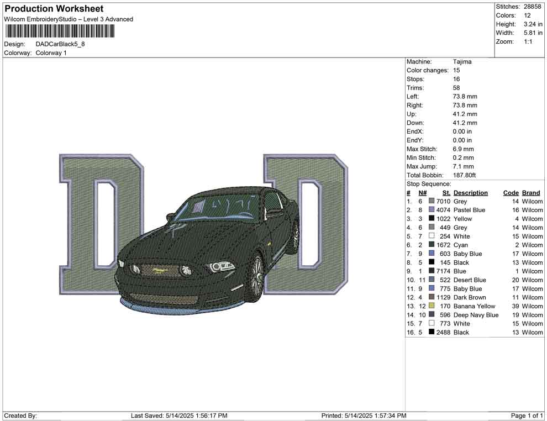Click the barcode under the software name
(x=60, y=31)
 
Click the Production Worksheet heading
(x=54, y=9)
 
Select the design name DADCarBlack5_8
(x=60, y=44)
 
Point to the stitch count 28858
(x=532, y=7)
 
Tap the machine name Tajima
(x=462, y=62)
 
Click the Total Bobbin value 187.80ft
(x=464, y=175)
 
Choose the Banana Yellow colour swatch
(x=432, y=306)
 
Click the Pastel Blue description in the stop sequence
(x=469, y=210)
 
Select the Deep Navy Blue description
(x=476, y=315)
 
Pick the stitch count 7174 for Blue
(x=443, y=271)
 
